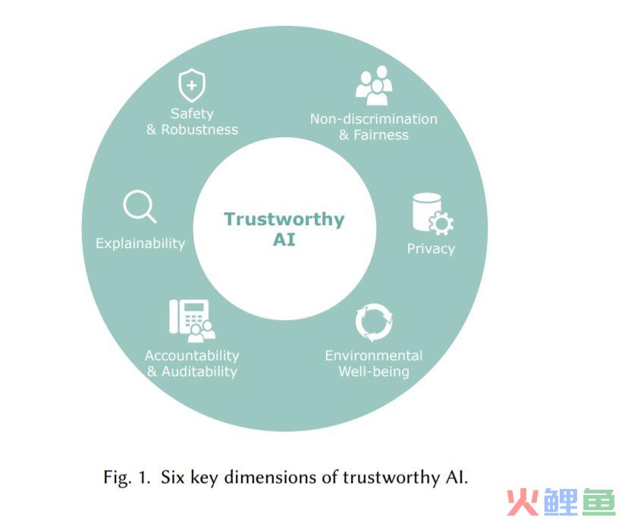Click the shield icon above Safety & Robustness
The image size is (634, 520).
[x=192, y=85]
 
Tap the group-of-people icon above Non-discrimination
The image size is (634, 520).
[x=374, y=85]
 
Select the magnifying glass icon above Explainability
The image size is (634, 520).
[x=140, y=206]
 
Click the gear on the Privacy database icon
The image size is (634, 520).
[x=441, y=224]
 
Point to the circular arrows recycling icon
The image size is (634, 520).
[x=374, y=322]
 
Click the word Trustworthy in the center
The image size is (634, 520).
[x=284, y=219]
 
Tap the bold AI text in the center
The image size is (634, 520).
[x=284, y=240]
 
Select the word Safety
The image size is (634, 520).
[x=192, y=114]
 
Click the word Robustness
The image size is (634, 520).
[x=199, y=130]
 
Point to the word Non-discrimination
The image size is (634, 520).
[x=374, y=119]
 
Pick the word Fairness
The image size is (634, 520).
[x=381, y=135]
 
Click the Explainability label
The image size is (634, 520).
[x=140, y=243]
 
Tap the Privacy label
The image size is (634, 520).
[x=431, y=249]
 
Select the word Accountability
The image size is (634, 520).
[x=192, y=356]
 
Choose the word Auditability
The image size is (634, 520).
[x=199, y=371]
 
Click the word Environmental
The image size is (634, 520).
[x=374, y=356]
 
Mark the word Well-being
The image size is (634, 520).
[x=374, y=371]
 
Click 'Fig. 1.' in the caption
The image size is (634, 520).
[x=127, y=477]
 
